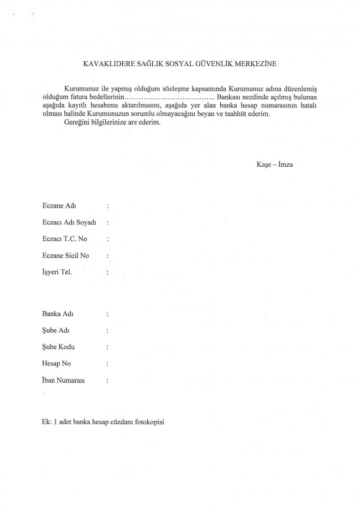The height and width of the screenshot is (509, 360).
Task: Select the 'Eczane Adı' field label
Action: (55, 206)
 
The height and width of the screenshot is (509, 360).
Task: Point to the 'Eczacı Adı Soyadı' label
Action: (66, 223)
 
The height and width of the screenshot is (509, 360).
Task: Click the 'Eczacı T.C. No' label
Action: (61, 239)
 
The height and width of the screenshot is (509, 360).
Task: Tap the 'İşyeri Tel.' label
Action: (56, 273)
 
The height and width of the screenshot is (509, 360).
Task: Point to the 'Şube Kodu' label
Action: (56, 347)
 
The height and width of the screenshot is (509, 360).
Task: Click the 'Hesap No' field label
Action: (55, 364)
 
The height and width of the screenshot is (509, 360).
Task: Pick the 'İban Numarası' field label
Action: (63, 381)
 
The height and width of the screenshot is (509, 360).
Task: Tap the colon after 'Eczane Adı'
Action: (108, 206)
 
